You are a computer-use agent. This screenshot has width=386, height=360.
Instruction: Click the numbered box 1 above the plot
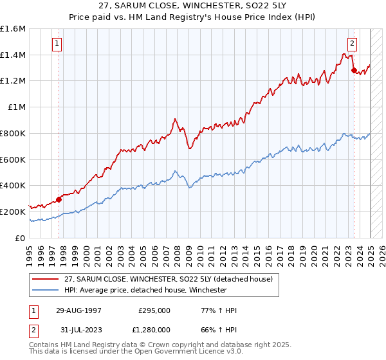pos(58,44)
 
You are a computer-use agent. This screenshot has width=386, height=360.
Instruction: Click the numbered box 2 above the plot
pos(353,44)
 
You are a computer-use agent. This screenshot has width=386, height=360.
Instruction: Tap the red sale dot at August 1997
pos(59,199)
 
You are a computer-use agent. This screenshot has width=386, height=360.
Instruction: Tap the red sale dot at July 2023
pos(354,71)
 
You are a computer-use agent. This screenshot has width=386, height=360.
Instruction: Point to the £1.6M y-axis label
pos(13,29)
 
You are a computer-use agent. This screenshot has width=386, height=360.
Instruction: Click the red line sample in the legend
pos(46,279)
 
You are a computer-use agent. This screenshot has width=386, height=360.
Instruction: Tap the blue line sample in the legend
pos(46,290)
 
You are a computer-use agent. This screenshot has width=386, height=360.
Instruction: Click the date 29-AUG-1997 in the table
pos(78,310)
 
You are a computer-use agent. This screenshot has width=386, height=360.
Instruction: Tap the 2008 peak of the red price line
pos(175,119)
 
